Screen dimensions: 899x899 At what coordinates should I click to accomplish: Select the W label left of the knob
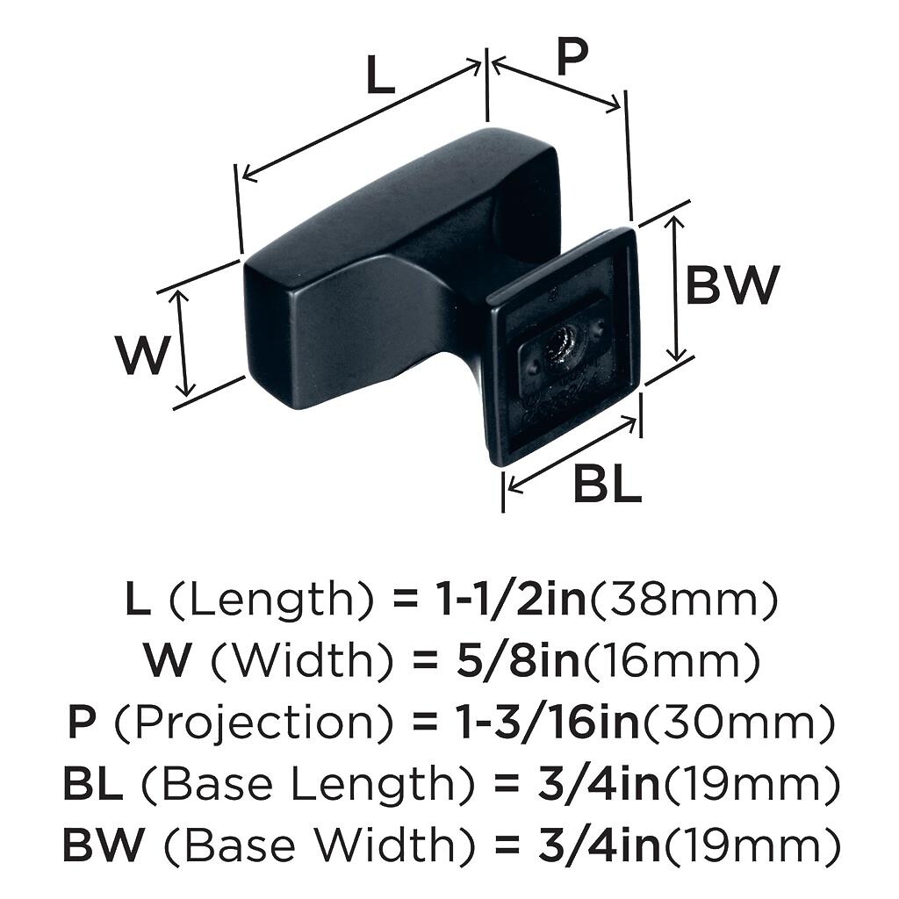point(142,355)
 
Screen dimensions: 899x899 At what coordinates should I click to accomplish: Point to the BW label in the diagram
point(732,285)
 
